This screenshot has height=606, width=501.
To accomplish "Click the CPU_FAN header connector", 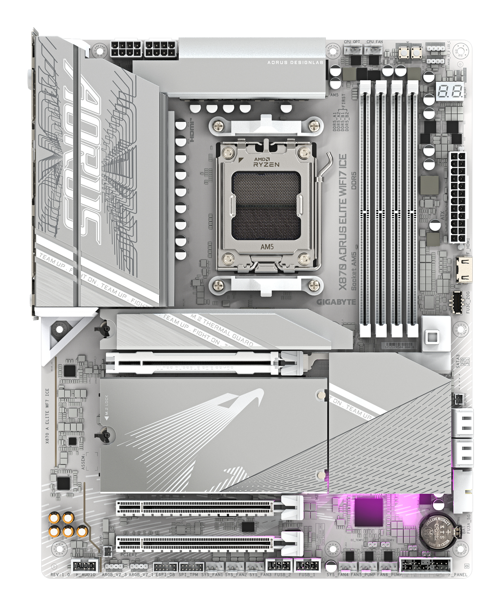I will pos(373,49).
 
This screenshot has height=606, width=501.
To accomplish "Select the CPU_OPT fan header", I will pos(352,49).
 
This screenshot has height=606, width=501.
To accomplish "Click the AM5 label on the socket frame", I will pos(267,246).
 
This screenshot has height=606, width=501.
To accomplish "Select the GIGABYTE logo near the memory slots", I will pos(336,302).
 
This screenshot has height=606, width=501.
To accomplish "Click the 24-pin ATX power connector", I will pos(457,197).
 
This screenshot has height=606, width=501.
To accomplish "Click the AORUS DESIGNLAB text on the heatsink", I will pos(295,62).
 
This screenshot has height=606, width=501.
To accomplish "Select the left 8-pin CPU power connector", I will pos(126,49).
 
